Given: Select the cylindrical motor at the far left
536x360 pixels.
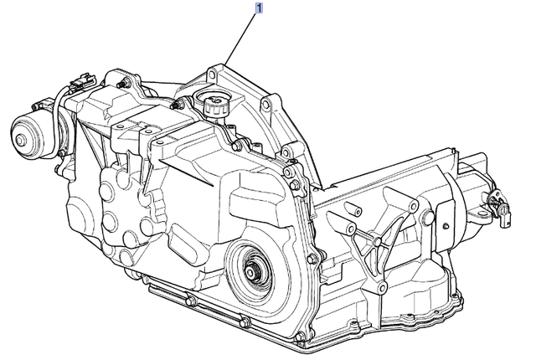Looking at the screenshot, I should (x=32, y=134).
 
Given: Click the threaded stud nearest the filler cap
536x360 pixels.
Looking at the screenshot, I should (x=177, y=104).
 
